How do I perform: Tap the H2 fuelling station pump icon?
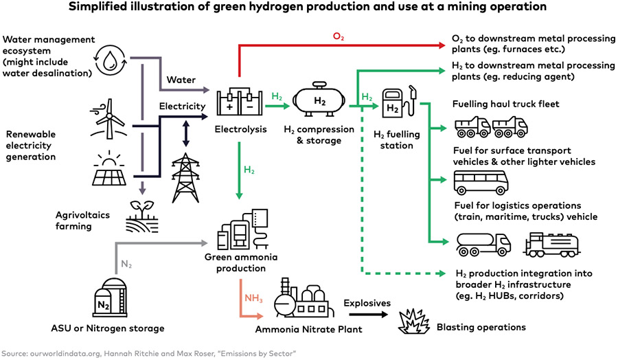coord(397,104)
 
